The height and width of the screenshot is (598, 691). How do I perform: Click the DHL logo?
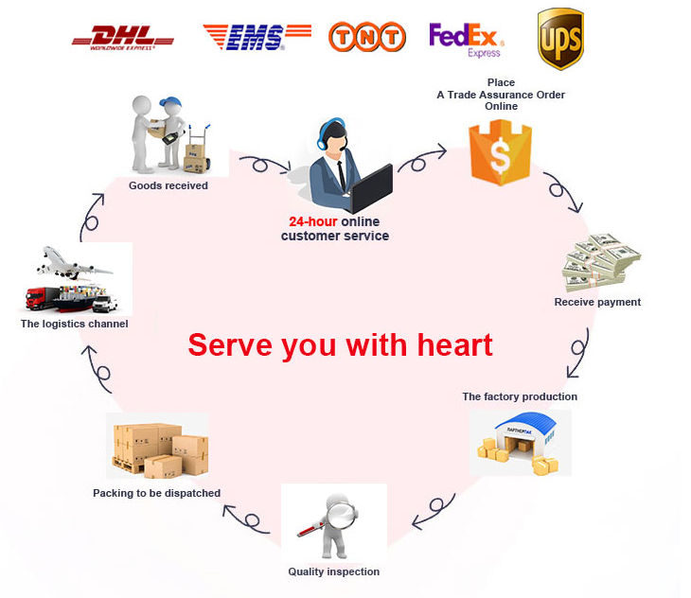pyautogui.click(x=123, y=38)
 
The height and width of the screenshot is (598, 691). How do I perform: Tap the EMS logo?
pyautogui.click(x=257, y=37)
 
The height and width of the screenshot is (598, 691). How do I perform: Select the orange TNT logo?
pyautogui.click(x=367, y=37)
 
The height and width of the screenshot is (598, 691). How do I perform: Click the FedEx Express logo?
pyautogui.click(x=466, y=39)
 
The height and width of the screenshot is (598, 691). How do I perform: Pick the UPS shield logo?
pyautogui.click(x=560, y=38)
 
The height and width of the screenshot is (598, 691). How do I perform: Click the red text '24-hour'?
pyautogui.click(x=312, y=221)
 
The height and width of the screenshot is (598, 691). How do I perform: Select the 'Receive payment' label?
pyautogui.click(x=597, y=302)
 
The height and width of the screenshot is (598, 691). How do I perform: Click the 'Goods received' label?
pyautogui.click(x=168, y=185)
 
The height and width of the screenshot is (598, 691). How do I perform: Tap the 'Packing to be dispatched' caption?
pyautogui.click(x=156, y=493)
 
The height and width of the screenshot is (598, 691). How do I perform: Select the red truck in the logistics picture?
pyautogui.click(x=40, y=298)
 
